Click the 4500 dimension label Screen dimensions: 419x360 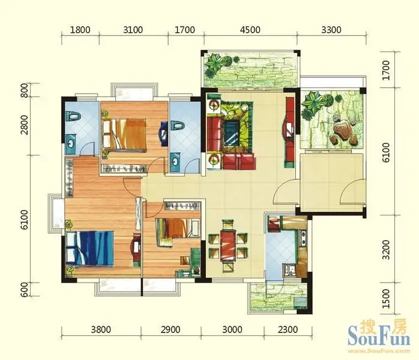[250, 29]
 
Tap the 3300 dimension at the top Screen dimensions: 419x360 [331, 29]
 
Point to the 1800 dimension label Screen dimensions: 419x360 [80, 29]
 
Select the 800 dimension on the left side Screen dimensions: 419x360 [25, 90]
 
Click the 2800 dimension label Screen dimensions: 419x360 [25, 125]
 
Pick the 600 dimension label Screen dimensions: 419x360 [25, 289]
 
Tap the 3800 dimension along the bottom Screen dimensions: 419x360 [101, 329]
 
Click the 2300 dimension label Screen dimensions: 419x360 [288, 329]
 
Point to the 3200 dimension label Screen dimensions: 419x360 [386, 250]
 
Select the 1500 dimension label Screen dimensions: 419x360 [386, 299]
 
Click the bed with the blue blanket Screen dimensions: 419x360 [90, 248]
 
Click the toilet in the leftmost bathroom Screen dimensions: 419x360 [73, 117]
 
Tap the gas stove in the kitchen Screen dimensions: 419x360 [303, 238]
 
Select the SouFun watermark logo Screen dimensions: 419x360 [379, 335]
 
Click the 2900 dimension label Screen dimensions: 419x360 [170, 329]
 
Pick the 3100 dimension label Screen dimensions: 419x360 [133, 29]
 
